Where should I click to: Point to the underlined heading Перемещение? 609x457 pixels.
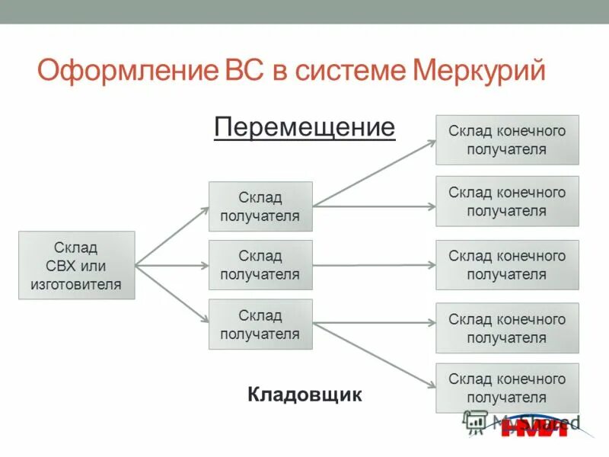(x=304, y=126)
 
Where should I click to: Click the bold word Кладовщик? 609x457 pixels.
(x=304, y=395)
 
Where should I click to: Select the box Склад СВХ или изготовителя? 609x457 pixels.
(x=76, y=265)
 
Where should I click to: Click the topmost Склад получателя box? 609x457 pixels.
(x=260, y=206)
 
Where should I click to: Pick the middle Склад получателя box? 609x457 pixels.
(x=260, y=265)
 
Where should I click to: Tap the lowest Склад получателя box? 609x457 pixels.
(x=260, y=324)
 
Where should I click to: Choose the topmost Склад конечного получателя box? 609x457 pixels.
(x=507, y=140)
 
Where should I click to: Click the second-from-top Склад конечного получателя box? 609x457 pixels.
(x=507, y=201)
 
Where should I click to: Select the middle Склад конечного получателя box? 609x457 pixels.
(x=507, y=265)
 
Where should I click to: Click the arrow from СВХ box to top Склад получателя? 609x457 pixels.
(x=172, y=235)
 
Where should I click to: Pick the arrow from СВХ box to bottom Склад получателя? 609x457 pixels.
(x=172, y=295)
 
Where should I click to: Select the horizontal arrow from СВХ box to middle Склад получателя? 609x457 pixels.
(x=172, y=266)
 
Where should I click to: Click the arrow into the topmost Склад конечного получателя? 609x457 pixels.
(x=375, y=173)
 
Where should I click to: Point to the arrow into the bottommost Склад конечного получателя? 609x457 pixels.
(x=375, y=355)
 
